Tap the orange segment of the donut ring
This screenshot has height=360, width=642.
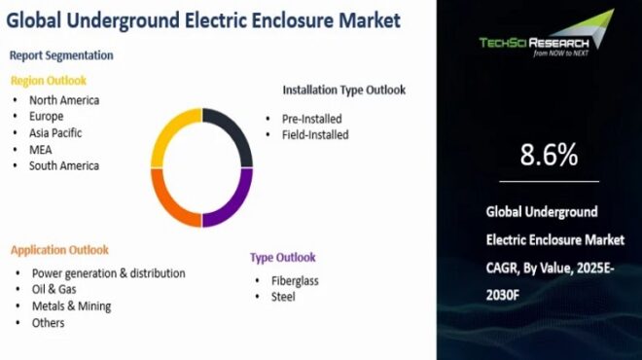[x=167, y=200]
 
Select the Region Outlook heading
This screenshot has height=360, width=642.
[x=49, y=80]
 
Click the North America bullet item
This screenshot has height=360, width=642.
[x=64, y=99]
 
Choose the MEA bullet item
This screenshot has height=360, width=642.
[x=41, y=149]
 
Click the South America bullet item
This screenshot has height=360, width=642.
[x=64, y=165]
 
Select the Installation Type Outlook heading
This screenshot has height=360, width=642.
[x=344, y=90]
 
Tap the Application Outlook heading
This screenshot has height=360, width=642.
[x=60, y=250]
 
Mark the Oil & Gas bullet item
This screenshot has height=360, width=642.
[x=54, y=289]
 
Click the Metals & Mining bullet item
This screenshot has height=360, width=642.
[x=71, y=306]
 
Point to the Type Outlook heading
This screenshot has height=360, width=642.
[x=283, y=258]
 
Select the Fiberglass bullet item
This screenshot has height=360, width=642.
[x=296, y=280]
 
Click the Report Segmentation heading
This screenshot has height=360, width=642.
[x=61, y=55]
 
